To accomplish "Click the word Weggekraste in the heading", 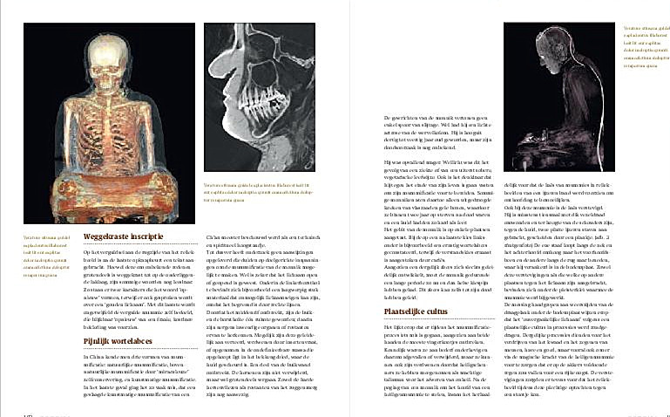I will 106,236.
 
